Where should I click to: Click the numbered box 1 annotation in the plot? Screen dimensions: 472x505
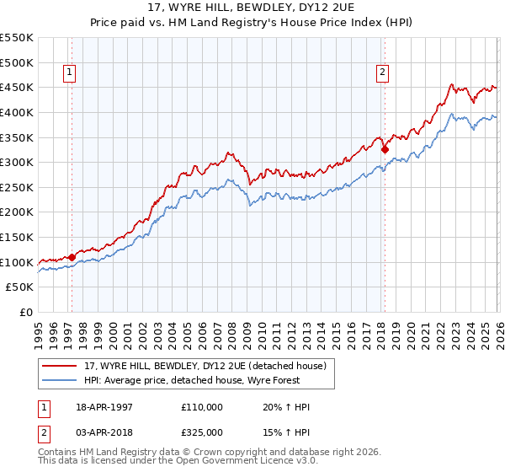click(x=68, y=73)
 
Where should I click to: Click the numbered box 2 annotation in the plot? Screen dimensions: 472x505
click(x=382, y=73)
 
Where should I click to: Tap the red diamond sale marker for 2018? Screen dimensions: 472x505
click(x=385, y=150)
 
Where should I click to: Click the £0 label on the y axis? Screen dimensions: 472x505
click(x=24, y=313)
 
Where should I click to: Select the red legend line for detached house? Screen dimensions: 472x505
click(x=61, y=365)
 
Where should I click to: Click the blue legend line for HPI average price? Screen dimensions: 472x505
click(x=61, y=380)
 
